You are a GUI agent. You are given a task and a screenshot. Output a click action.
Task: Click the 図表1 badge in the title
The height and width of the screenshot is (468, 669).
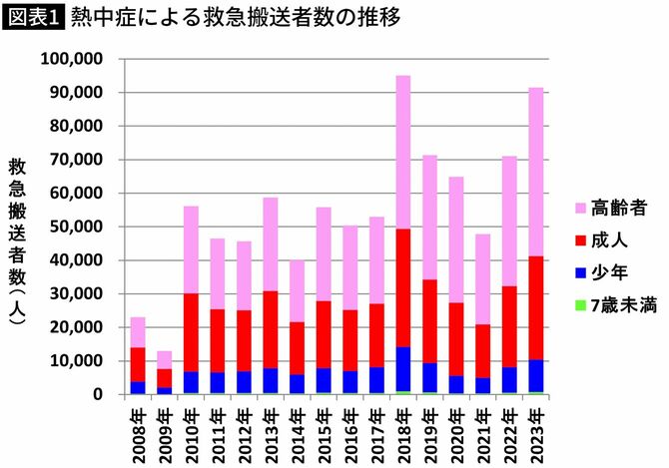tap(34, 19)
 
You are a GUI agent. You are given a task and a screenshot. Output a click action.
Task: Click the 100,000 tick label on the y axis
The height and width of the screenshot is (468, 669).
tap(73, 59)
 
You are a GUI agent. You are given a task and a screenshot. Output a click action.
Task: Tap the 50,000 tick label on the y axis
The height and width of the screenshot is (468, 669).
tap(77, 227)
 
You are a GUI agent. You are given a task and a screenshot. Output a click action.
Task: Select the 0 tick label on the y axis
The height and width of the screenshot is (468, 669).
tap(99, 394)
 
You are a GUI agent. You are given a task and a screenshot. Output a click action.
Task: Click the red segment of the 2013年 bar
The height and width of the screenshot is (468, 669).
tap(271, 329)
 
